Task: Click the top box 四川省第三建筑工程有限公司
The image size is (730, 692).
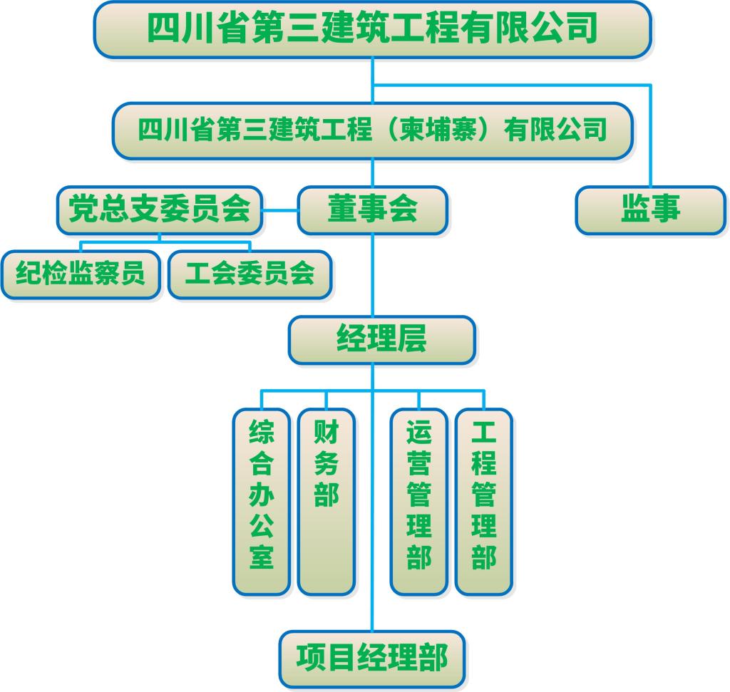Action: coord(371,30)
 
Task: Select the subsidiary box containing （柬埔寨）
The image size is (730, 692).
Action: coord(371,130)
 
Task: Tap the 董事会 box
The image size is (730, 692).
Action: coord(372,210)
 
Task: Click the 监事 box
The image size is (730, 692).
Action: coord(650,210)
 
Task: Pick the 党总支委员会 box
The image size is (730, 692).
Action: coord(160,210)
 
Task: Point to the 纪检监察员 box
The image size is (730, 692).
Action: coord(80,274)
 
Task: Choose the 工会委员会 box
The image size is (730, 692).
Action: coord(250,274)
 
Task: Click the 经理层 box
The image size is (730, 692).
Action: coord(381,340)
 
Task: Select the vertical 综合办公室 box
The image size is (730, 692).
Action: coord(262,501)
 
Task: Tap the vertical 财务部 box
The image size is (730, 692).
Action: coord(327,501)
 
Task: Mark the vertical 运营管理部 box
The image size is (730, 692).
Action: coord(418,501)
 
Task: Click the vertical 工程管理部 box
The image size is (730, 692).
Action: coord(483,501)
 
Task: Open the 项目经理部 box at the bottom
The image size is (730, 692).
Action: coord(371,658)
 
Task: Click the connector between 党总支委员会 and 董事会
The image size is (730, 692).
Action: coord(279,210)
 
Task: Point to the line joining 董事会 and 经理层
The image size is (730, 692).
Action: coord(372,274)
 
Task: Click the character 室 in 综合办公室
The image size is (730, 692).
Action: coord(262,557)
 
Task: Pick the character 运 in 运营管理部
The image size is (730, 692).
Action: coord(418,433)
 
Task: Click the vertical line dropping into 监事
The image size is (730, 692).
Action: coord(650,135)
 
